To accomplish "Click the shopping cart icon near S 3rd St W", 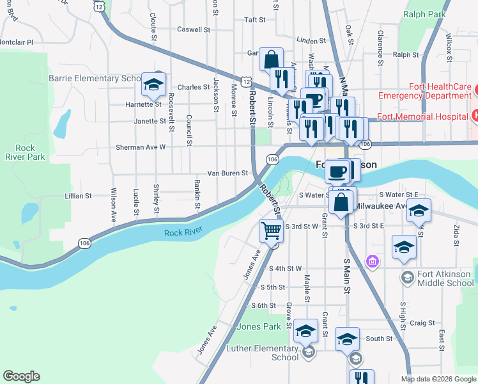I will point(272,230).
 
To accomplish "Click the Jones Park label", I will point(258,326).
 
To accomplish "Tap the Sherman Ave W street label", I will point(141,147).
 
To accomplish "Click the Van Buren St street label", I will point(227,173).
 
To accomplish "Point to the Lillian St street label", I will point(79,196).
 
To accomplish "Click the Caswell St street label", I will point(194,29).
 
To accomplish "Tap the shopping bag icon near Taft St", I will point(272,60).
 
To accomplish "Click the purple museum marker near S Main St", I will point(373,260).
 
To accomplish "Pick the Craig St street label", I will point(422,323).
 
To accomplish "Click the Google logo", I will point(21,376).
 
